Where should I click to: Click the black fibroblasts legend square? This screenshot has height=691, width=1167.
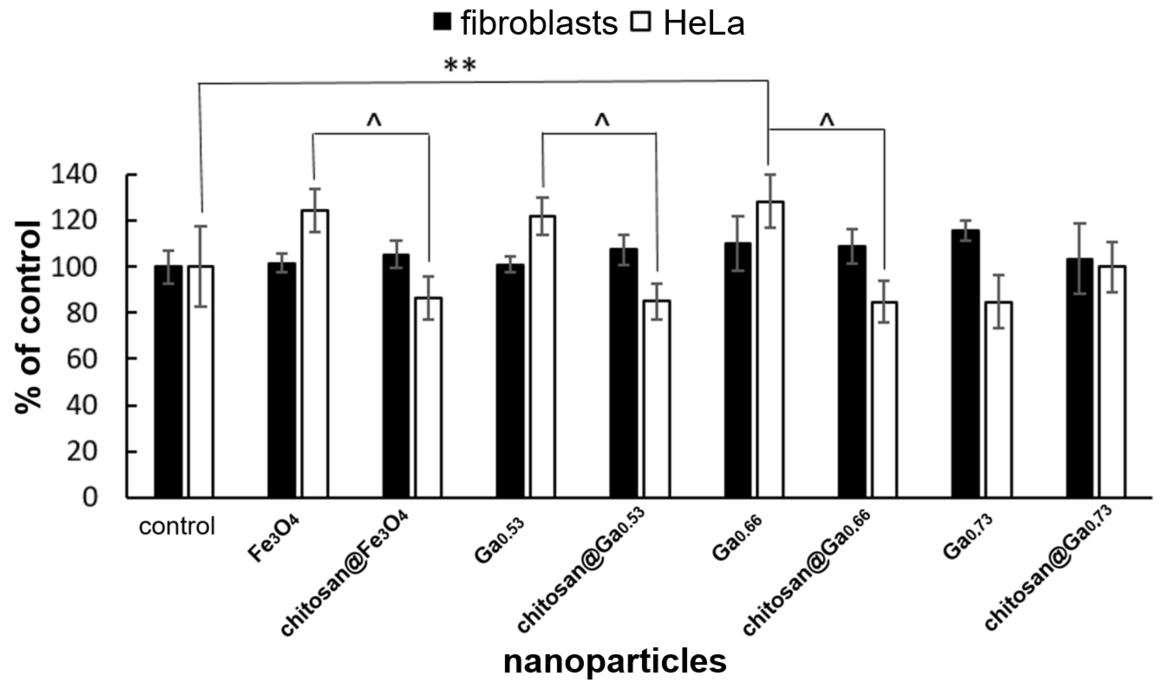(442, 22)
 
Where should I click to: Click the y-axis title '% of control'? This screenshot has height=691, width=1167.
(28, 317)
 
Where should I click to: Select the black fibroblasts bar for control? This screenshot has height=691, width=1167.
(168, 382)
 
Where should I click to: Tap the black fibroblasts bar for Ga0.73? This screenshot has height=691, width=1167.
(965, 363)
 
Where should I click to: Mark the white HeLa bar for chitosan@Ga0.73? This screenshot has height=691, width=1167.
(1112, 382)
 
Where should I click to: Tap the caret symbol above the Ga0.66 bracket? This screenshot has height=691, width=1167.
(826, 120)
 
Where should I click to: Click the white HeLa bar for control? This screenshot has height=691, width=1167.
(201, 382)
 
